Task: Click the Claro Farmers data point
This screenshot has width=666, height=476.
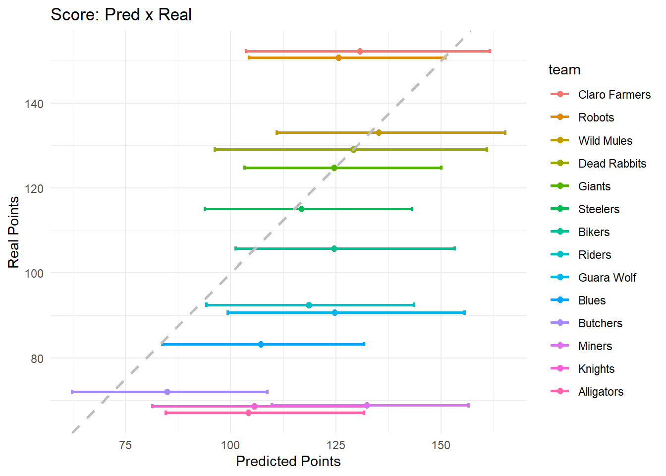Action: pyautogui.click(x=360, y=52)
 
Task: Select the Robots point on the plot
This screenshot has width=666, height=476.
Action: pyautogui.click(x=338, y=58)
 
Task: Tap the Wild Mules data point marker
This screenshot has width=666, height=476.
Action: pyautogui.click(x=379, y=133)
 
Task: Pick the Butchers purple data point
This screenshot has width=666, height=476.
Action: pyautogui.click(x=167, y=392)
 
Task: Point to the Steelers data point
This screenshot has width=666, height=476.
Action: pyautogui.click(x=301, y=209)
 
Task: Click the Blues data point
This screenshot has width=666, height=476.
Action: pyautogui.click(x=261, y=345)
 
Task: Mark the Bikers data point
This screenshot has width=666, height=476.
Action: pyautogui.click(x=334, y=248)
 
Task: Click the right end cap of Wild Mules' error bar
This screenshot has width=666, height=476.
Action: pyautogui.click(x=505, y=133)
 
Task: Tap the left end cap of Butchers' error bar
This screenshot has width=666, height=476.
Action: pyautogui.click(x=72, y=392)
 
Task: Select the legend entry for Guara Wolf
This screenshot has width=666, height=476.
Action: pyautogui.click(x=607, y=278)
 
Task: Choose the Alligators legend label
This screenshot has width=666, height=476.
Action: pyautogui.click(x=601, y=392)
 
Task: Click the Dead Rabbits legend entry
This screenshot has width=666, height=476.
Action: pyautogui.click(x=612, y=164)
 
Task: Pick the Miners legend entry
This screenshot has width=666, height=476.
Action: pyautogui.click(x=595, y=346)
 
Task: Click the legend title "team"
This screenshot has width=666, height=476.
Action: pyautogui.click(x=564, y=70)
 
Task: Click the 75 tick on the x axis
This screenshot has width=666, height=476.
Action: pyautogui.click(x=125, y=445)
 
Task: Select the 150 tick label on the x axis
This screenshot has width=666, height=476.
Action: pyautogui.click(x=441, y=445)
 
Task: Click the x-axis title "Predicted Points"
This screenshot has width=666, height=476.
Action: pyautogui.click(x=288, y=462)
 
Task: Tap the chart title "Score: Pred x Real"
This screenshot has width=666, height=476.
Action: pyautogui.click(x=121, y=15)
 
